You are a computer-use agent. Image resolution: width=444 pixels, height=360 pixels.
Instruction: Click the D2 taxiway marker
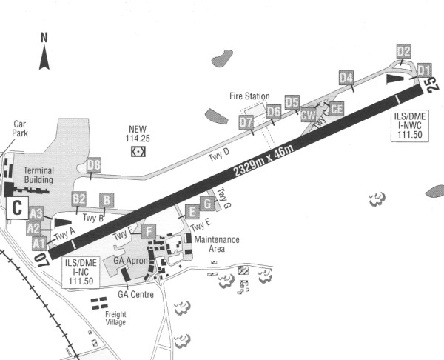[x=403, y=51]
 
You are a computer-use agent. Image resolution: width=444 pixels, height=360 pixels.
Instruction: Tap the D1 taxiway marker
[x=424, y=70]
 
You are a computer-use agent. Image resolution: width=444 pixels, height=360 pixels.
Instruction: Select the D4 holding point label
[x=346, y=78]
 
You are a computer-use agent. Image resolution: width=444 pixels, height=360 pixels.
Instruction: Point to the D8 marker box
[x=93, y=166]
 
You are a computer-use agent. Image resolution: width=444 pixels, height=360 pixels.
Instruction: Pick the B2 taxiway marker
[x=79, y=199]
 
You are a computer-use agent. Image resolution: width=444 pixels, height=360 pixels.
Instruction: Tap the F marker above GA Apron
[x=149, y=231]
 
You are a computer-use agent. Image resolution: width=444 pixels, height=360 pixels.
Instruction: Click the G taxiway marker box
[x=208, y=202]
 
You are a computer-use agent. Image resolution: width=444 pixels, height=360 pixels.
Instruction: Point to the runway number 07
[x=41, y=260]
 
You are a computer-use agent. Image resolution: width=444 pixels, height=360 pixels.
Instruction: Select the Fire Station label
[x=249, y=97]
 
